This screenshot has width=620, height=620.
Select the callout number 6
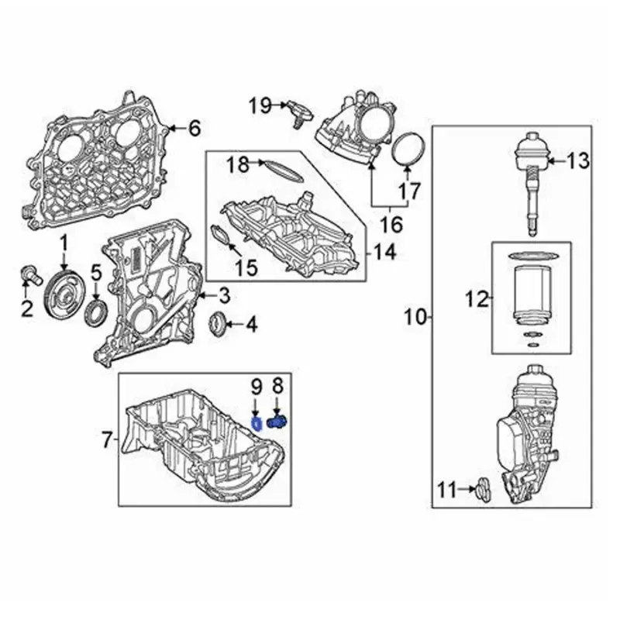pyautogui.click(x=194, y=128)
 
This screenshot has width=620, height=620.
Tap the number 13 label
pyautogui.click(x=578, y=161)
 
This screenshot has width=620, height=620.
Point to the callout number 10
pyautogui.click(x=416, y=316)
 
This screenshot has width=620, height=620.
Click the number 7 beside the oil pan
pyautogui.click(x=108, y=441)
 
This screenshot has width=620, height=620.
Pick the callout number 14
pyautogui.click(x=383, y=251)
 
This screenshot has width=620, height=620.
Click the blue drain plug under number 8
pyautogui.click(x=277, y=422)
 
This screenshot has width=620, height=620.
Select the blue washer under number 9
pyautogui.click(x=255, y=422)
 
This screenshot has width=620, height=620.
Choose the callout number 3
pyautogui.click(x=223, y=295)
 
